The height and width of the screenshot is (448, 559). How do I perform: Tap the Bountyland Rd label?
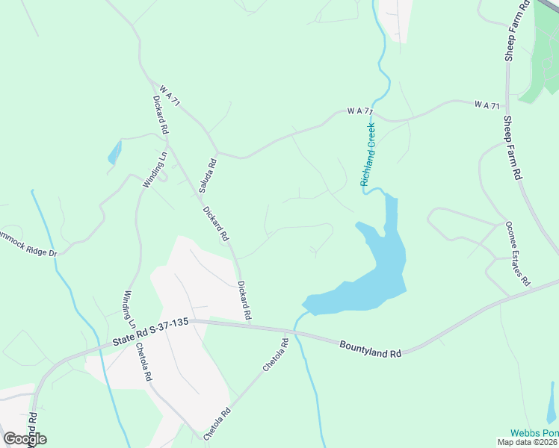(370, 349)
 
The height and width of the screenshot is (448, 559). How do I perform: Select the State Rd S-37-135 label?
(149, 333)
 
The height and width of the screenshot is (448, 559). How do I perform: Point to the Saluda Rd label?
(208, 176)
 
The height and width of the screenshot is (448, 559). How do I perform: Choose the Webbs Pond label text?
(534, 433)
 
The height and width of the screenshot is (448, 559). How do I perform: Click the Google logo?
(25, 438)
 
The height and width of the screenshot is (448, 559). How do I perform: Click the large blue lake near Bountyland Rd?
(381, 269)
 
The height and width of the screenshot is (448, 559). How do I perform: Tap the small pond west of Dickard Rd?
(114, 153)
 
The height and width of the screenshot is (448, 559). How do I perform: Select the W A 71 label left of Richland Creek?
(359, 111)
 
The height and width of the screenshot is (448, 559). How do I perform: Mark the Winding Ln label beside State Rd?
(129, 309)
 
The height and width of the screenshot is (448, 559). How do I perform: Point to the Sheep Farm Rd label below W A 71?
(512, 149)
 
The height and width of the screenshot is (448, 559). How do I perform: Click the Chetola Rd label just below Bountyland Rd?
(275, 356)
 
